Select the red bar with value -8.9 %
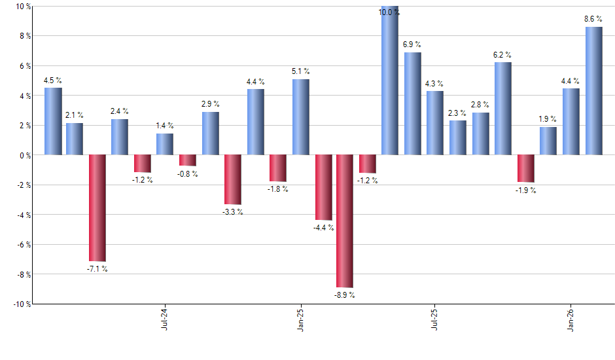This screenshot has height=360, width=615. pyautogui.click(x=345, y=221)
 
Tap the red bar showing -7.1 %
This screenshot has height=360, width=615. pyautogui.click(x=97, y=207)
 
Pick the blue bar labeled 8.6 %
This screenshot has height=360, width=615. pyautogui.click(x=594, y=91)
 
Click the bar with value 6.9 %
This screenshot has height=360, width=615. pyautogui.click(x=413, y=103)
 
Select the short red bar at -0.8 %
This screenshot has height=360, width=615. pyautogui.click(x=188, y=160)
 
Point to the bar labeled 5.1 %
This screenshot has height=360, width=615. pyautogui.click(x=301, y=117)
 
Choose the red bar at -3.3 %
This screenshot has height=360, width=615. pyautogui.click(x=233, y=179)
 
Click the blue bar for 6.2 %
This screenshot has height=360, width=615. pyautogui.click(x=503, y=109)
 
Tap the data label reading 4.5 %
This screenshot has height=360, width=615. pyautogui.click(x=53, y=81)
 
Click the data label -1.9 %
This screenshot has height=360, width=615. pyautogui.click(x=526, y=190)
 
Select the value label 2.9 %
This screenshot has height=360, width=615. pyautogui.click(x=211, y=104)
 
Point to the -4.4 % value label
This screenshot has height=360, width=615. pyautogui.click(x=323, y=228)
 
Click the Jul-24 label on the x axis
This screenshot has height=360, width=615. pyautogui.click(x=164, y=317)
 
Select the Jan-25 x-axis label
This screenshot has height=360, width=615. pyautogui.click(x=300, y=317)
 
